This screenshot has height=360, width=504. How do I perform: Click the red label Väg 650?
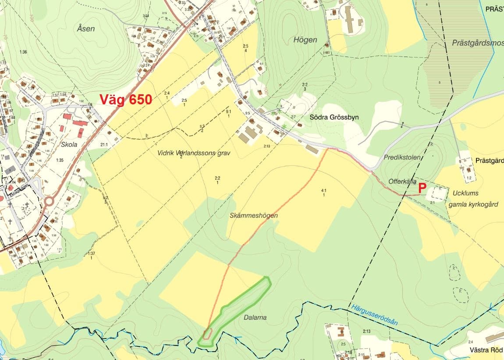pos(126,100)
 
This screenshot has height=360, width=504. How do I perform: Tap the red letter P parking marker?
pos(422,188)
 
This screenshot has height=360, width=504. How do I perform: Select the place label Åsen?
pos(85,29)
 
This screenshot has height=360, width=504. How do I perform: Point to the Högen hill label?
pos(305,39)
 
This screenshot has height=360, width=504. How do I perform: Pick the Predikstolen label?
pos(402,157)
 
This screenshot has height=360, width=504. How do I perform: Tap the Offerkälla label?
pos(402,182)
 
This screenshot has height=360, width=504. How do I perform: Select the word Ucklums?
pos(465,193)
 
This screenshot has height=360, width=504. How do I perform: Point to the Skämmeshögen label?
pos(254,216)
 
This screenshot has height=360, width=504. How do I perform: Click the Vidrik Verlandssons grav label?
pos(194,153)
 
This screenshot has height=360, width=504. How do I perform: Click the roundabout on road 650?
pos(48,202)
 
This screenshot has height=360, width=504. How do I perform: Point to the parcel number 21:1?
pos(104,144)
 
